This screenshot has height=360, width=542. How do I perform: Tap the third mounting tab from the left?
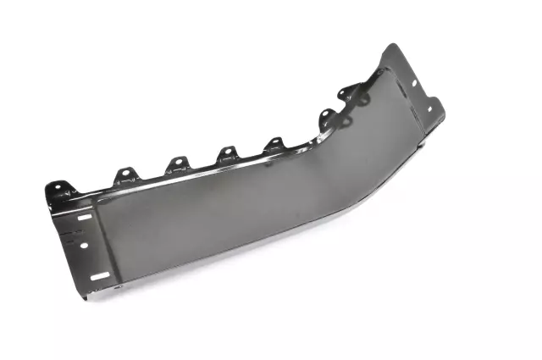pyautogui.click(x=176, y=163)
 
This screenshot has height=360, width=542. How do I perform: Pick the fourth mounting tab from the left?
pyautogui.click(x=227, y=153)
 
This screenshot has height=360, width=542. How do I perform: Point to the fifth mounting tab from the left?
pyautogui.click(x=274, y=144)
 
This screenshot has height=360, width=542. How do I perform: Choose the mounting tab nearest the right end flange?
pyautogui.click(x=348, y=94)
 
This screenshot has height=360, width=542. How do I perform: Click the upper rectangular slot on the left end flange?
pyautogui.click(x=84, y=218)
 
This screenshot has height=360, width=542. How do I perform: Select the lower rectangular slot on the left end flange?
pyautogui.click(x=99, y=276)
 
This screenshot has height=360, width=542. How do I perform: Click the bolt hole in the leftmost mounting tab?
pyautogui.click(x=56, y=186)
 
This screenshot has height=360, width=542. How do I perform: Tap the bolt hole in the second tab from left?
pyautogui.click(x=125, y=174)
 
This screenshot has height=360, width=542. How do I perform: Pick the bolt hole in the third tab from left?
pyautogui.click(x=177, y=161)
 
